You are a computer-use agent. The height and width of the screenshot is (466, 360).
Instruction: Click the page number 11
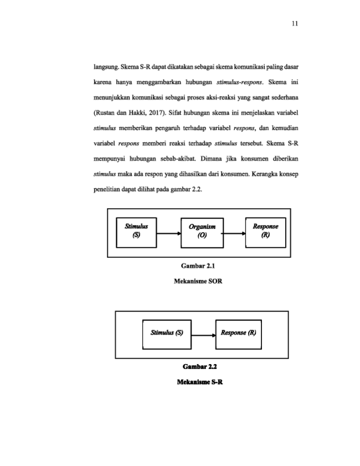(295, 24)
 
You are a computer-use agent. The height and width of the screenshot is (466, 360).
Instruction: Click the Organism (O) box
(202, 233)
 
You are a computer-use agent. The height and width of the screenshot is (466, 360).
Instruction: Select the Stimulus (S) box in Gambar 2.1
(136, 232)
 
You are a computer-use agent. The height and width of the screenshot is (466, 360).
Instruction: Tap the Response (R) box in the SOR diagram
(265, 232)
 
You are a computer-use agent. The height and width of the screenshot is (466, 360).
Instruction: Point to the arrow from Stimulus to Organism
(169, 234)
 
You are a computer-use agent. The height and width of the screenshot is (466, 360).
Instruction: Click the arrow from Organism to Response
(234, 234)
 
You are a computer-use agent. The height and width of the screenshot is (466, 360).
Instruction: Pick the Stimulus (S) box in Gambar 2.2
(167, 334)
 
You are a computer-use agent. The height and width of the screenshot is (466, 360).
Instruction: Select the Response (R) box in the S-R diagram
(239, 334)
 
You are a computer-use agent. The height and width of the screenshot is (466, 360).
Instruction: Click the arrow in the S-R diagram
(203, 336)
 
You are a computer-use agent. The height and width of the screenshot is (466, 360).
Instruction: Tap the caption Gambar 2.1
(198, 265)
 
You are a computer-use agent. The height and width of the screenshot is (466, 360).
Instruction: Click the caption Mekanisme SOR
(198, 281)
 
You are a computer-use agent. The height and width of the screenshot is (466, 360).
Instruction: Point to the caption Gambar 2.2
(199, 366)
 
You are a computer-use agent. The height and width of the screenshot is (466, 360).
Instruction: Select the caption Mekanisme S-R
(199, 382)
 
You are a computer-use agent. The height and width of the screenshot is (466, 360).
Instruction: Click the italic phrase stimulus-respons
(239, 83)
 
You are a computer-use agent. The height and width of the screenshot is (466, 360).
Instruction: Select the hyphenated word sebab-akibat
(178, 158)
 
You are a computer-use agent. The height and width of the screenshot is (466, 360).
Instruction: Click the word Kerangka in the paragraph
(263, 174)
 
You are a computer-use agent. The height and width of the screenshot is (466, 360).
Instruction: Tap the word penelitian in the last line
(107, 190)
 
